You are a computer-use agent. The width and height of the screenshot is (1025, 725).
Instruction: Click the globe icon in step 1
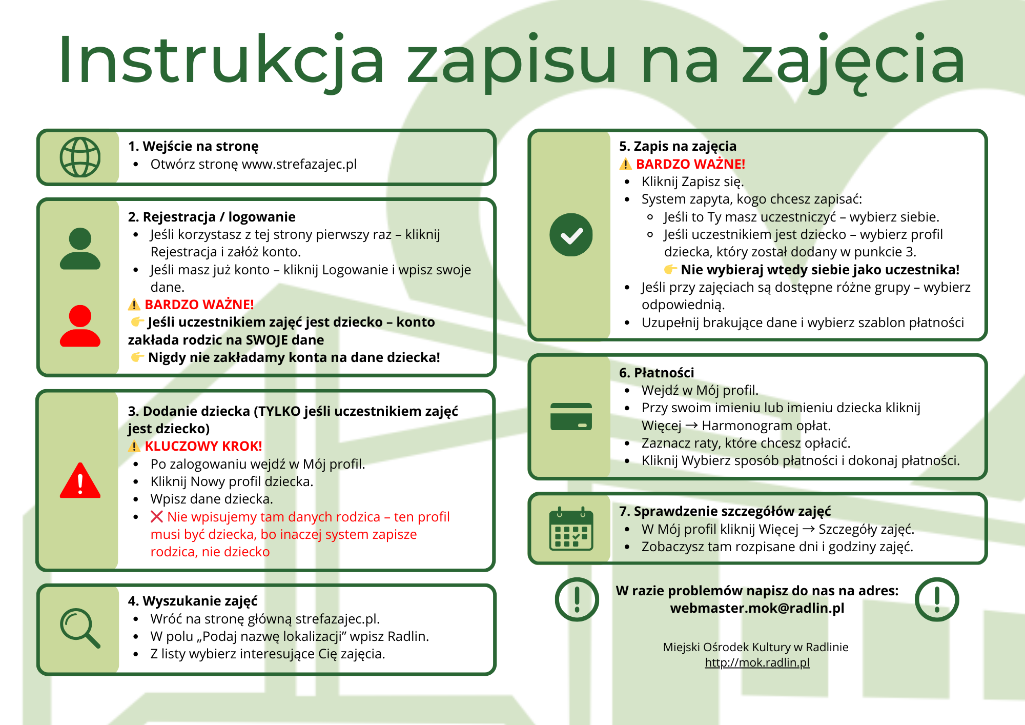coord(80,157)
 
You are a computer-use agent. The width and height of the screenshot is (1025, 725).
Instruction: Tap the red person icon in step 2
coord(80,326)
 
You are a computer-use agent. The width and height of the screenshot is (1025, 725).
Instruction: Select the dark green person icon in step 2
coord(80,249)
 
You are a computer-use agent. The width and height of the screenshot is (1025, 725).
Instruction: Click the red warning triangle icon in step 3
coord(80,481)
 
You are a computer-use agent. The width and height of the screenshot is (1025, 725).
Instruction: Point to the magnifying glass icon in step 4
coord(80,628)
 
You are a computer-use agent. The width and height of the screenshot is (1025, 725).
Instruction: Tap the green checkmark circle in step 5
coord(571,235)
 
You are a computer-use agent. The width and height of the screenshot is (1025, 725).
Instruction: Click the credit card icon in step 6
coord(571,416)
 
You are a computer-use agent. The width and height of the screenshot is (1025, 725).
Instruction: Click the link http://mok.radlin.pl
coord(757,662)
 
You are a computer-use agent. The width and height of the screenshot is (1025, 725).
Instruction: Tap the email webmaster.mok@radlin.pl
coord(757,608)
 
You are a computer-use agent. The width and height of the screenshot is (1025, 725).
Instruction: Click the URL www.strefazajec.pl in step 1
coord(299,165)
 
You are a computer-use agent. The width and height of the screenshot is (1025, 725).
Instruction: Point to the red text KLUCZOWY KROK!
coord(203,446)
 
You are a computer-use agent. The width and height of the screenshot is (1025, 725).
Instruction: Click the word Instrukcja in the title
coord(220,61)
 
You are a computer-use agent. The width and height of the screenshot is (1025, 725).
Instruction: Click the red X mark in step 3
coord(157,517)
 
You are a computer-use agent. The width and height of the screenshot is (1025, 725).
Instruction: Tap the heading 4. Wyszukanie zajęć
coord(193,601)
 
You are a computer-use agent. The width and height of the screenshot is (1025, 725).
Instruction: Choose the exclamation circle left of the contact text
coord(577,599)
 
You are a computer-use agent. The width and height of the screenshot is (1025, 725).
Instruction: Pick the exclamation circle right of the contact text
coord(937,599)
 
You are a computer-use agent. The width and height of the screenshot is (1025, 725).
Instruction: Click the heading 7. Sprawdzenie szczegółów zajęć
coord(725,511)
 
